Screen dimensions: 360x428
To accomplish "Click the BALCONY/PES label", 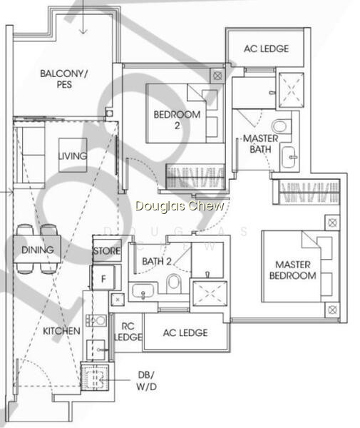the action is point(64,78).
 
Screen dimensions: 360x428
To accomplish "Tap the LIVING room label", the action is point(73,156).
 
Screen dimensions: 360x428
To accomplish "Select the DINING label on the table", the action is point(37,250).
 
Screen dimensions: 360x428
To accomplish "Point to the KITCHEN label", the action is point(61,331).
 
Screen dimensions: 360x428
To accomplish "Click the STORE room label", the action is point(107,251).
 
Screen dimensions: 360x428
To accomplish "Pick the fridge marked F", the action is point(103,278).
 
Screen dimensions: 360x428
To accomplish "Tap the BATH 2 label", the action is point(157,262).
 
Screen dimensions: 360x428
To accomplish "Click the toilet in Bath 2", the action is point(174,283).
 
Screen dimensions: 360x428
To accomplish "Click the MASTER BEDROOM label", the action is point(293,270).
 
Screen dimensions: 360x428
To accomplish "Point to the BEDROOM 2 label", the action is point(177,120).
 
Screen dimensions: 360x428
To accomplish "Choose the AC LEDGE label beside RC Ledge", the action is point(185,332).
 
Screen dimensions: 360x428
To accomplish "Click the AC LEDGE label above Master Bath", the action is point(266,49).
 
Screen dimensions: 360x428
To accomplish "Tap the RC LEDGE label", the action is point(128,332).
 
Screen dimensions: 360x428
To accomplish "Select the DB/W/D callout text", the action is point(146,380).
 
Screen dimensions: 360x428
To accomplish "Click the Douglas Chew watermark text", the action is point(180,205).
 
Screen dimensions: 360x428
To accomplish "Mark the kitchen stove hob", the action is point(96,320).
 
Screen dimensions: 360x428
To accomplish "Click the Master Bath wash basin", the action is point(289,157).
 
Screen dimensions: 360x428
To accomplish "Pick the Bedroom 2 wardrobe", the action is point(195,177).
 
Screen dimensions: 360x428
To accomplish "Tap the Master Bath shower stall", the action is point(291,90).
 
